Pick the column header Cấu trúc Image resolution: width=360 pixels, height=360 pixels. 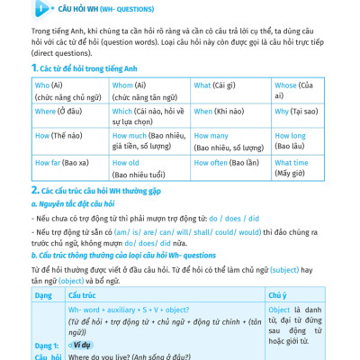[81, 293]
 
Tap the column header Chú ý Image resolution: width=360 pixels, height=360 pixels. [277, 293]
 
